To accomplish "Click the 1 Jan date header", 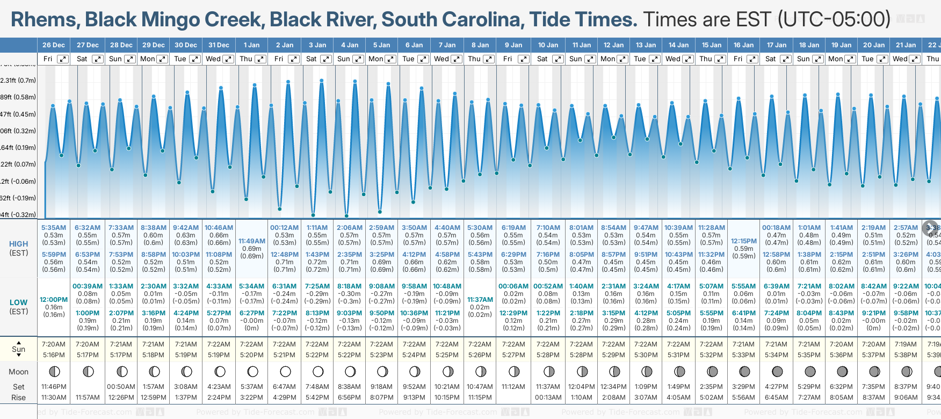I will click(251, 45).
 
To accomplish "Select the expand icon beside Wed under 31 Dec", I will click(228, 59).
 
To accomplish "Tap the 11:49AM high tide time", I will click(252, 241).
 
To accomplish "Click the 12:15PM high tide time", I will click(744, 241).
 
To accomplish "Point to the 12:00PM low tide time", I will click(54, 300).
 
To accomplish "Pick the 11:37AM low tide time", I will click(480, 300).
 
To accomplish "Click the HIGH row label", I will click(19, 244).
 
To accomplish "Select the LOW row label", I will click(19, 302).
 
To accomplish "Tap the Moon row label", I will click(19, 372).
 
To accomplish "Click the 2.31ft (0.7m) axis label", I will click(18, 81).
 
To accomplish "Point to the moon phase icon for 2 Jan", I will click(285, 372).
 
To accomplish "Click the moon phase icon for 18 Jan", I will click(810, 372).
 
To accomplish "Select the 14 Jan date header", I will click(678, 45).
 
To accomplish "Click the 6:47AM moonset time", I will click(284, 387).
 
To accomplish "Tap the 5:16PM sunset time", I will click(54, 355).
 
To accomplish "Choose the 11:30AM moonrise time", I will click(54, 398).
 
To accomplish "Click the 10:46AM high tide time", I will click(219, 228).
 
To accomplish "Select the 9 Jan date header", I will click(514, 45).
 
